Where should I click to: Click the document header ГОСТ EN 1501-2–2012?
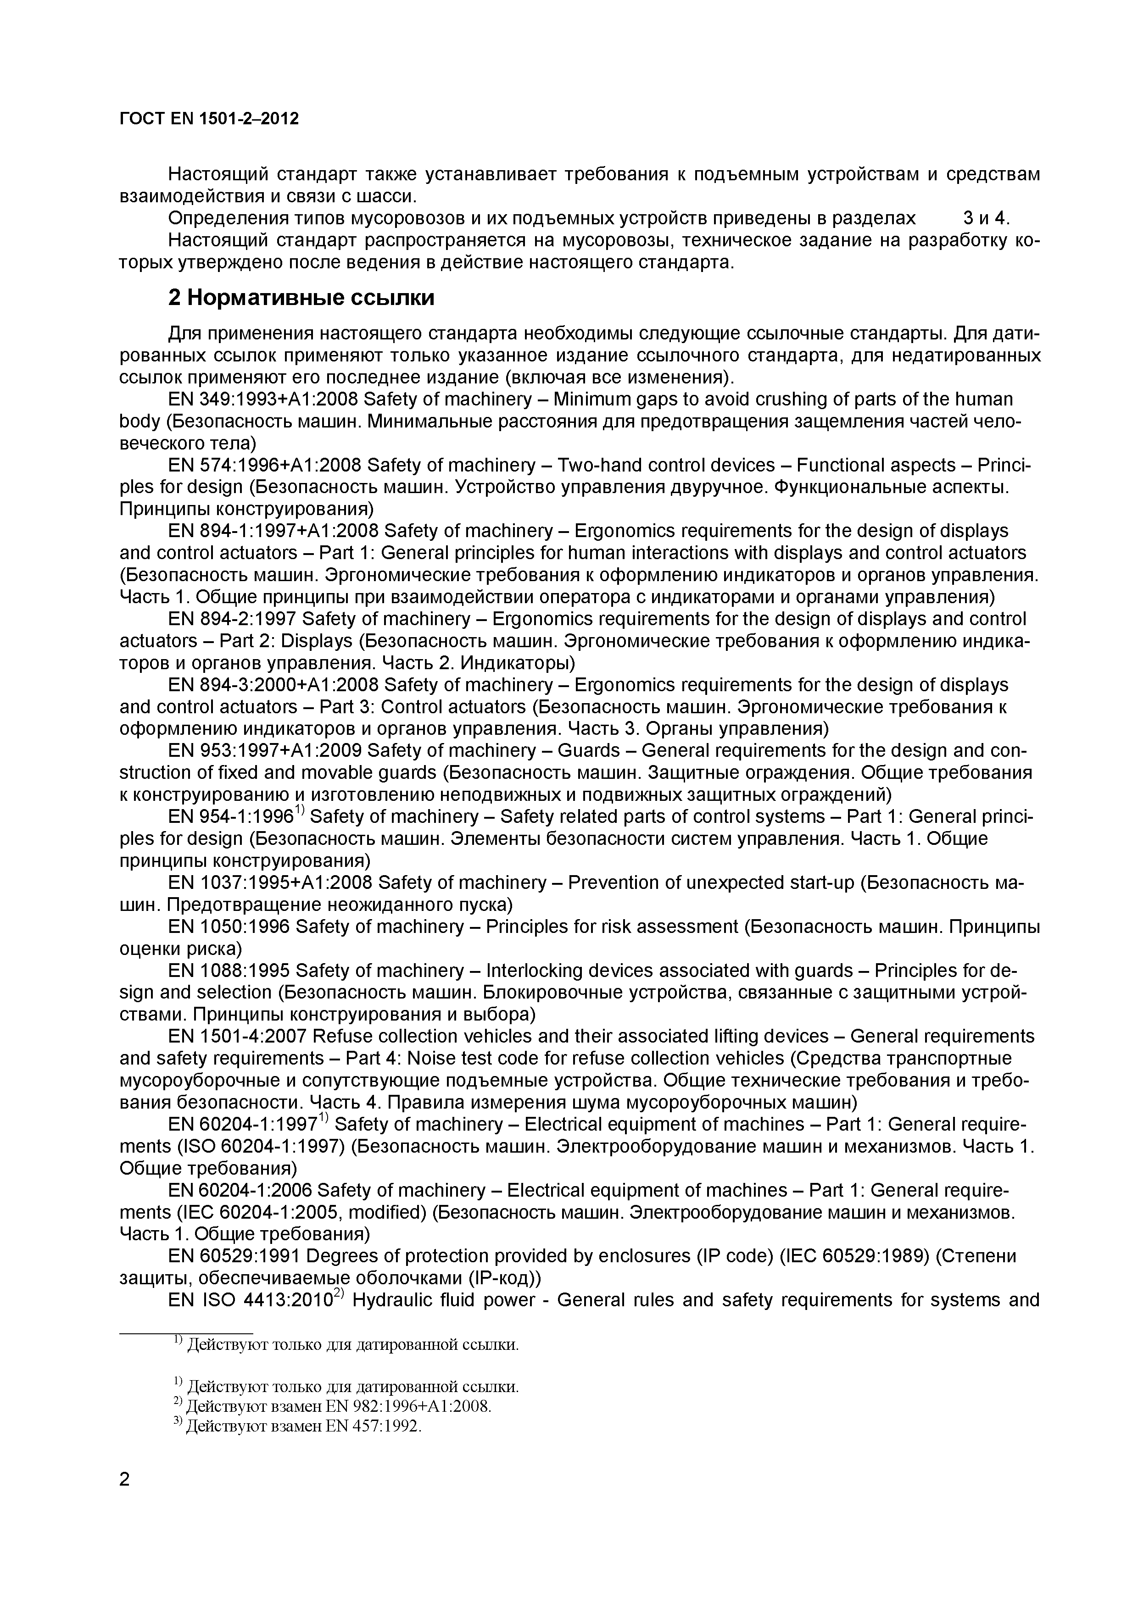coord(209,118)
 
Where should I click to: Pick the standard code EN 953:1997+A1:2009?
coord(264,750)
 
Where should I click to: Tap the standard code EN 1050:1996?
coord(229,927)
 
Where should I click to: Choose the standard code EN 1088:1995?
coord(229,971)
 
